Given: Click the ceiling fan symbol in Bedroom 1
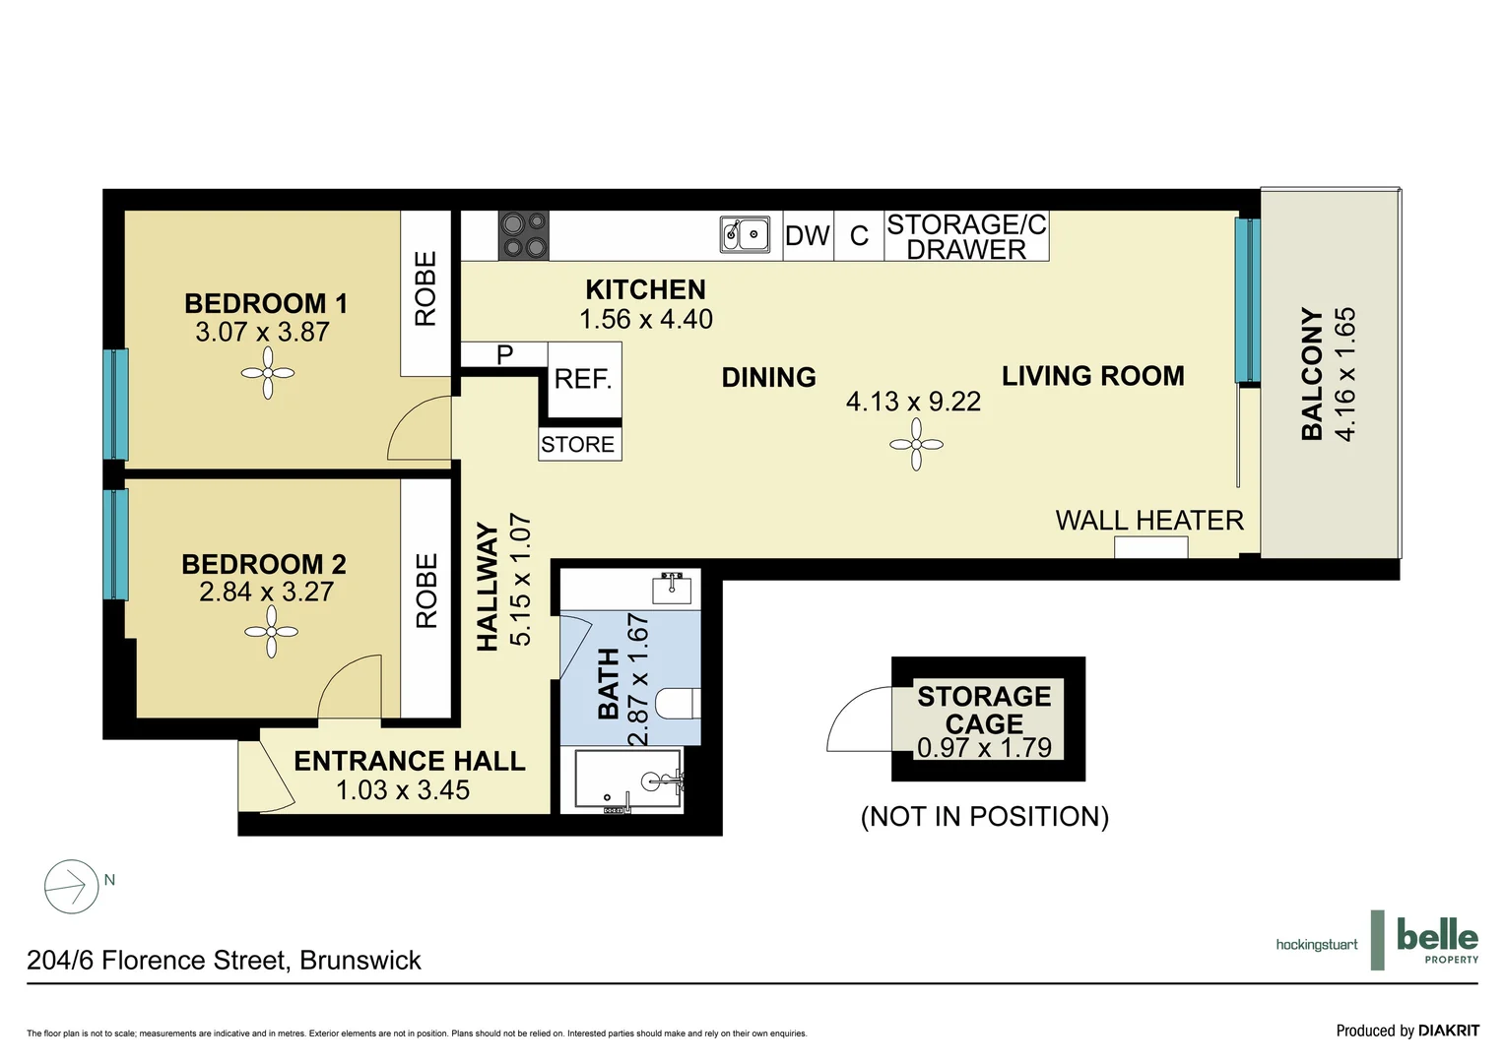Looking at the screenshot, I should pyautogui.click(x=267, y=373).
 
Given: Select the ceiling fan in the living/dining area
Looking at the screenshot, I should pyautogui.click(x=916, y=445).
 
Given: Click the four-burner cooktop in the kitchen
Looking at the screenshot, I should pyautogui.click(x=524, y=235).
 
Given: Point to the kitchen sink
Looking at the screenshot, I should pyautogui.click(x=746, y=235).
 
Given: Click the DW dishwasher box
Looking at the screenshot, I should pyautogui.click(x=808, y=236).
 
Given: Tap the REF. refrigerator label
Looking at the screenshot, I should pyautogui.click(x=583, y=379).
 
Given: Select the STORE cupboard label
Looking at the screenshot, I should pyautogui.click(x=578, y=445).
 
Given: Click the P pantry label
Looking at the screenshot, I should pyautogui.click(x=504, y=354).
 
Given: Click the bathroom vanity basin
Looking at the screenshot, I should pyautogui.click(x=673, y=588).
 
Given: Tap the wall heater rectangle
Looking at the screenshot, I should pyautogui.click(x=1150, y=547).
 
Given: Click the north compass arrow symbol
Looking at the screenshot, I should pyautogui.click(x=71, y=887).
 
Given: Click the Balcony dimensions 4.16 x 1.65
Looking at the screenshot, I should pyautogui.click(x=1345, y=374).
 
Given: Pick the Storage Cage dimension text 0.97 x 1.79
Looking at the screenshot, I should pyautogui.click(x=984, y=748).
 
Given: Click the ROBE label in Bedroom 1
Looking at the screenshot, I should pyautogui.click(x=425, y=288).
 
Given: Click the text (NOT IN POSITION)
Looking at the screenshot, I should pyautogui.click(x=984, y=817).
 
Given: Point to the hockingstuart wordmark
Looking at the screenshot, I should pyautogui.click(x=1316, y=945).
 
